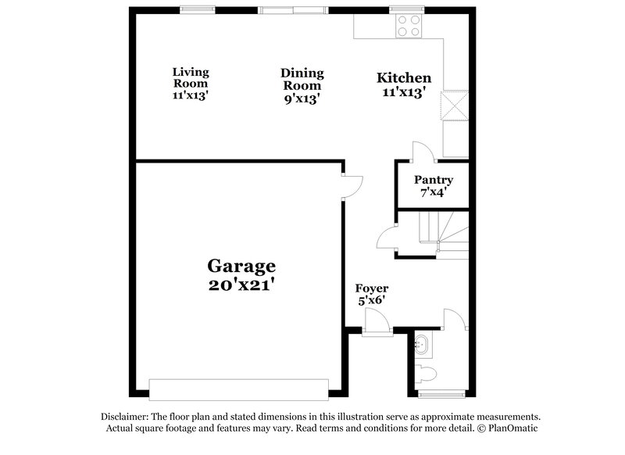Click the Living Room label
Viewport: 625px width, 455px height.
(191, 77)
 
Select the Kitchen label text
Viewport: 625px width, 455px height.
(404, 78)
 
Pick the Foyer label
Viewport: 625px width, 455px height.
(372, 288)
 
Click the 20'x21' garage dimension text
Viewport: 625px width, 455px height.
(241, 285)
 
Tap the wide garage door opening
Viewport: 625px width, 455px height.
(239, 389)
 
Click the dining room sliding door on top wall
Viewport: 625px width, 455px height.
(290, 10)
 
